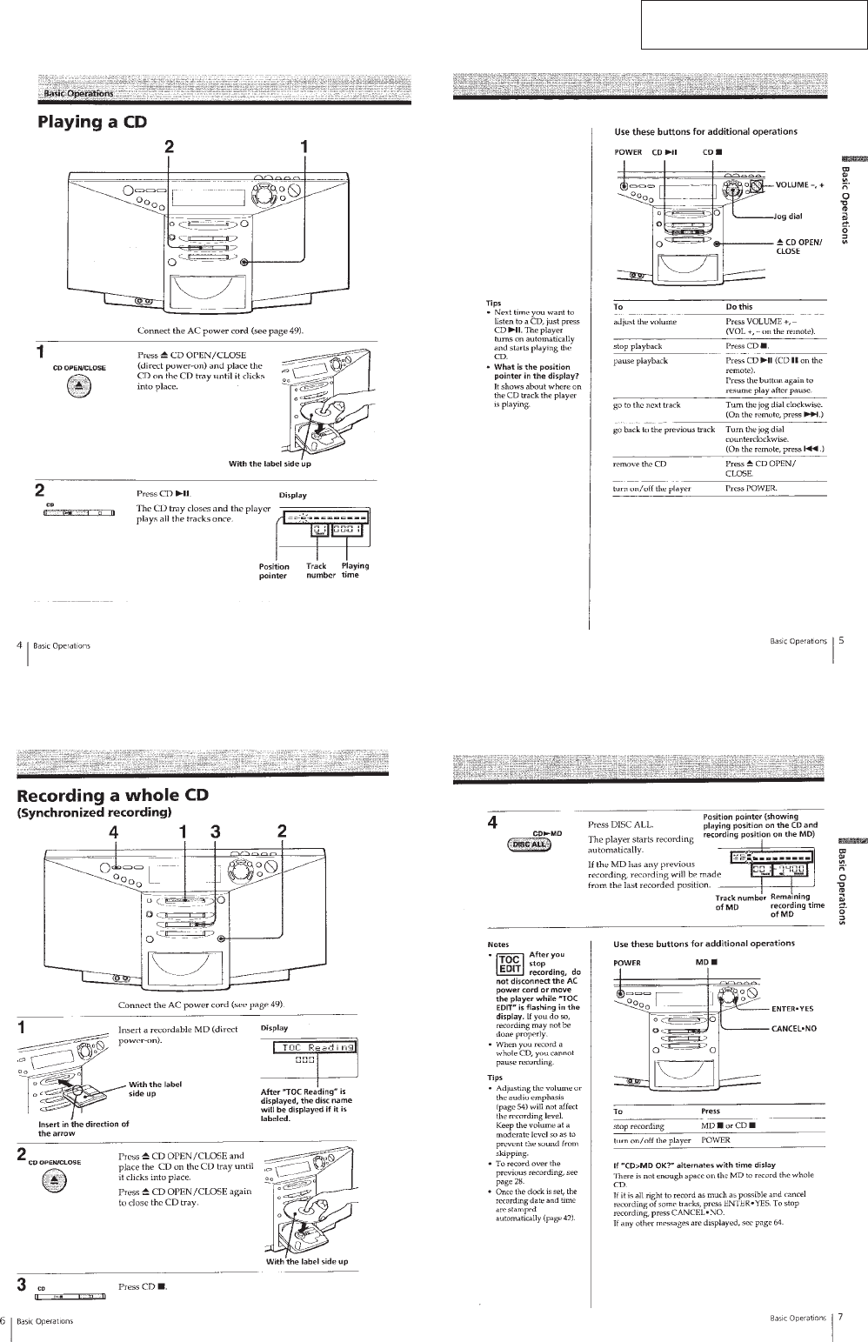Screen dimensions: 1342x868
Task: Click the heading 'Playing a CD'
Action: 91,122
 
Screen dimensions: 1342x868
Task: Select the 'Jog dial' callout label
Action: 788,217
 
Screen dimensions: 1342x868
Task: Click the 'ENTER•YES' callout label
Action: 792,1009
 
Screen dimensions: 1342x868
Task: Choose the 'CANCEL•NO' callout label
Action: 792,1028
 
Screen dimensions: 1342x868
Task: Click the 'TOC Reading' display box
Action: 314,1047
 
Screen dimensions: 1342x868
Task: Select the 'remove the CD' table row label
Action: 639,464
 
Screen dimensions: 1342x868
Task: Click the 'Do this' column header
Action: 738,307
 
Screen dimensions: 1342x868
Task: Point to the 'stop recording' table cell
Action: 638,1126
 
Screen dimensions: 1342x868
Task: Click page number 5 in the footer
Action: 841,641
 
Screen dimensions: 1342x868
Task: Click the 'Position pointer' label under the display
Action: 274,571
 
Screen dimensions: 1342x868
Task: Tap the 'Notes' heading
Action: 498,944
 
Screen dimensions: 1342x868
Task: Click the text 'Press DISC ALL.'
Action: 620,825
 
